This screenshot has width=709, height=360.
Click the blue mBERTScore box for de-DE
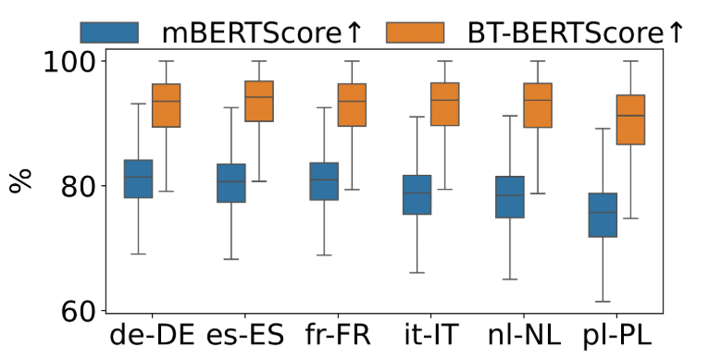click(138, 179)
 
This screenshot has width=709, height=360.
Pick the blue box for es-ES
click(230, 183)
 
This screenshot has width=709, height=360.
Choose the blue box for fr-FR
click(324, 181)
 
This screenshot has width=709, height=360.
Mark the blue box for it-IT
click(417, 194)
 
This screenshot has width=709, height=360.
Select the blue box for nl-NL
click(509, 197)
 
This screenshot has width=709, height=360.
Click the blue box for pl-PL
click(603, 215)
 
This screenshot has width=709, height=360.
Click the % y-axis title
click(20, 180)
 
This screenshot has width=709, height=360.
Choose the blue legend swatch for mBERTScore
click(109, 32)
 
